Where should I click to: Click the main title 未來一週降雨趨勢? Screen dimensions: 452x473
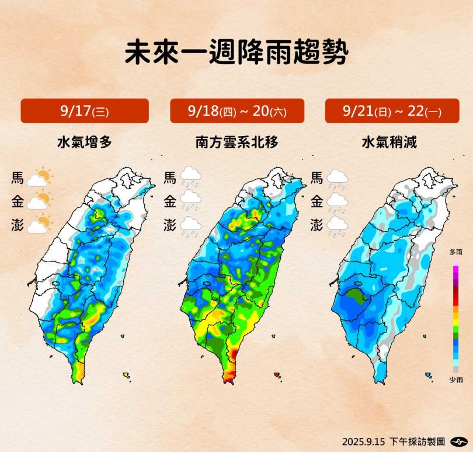236,53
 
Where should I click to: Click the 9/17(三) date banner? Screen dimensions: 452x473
85,111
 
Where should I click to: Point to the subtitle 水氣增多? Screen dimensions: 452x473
84,142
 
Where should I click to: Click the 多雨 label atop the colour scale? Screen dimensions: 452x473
456,252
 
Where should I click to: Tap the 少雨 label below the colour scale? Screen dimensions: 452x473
456,380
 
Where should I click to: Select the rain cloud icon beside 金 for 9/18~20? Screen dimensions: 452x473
190,202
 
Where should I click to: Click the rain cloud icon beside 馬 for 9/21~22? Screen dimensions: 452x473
337,179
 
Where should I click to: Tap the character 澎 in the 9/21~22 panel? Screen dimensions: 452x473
317,225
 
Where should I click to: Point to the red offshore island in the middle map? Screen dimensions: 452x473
277,375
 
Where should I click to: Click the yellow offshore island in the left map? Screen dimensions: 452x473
126,375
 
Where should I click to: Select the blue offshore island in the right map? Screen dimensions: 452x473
429,375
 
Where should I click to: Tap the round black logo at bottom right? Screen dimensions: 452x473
461,441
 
